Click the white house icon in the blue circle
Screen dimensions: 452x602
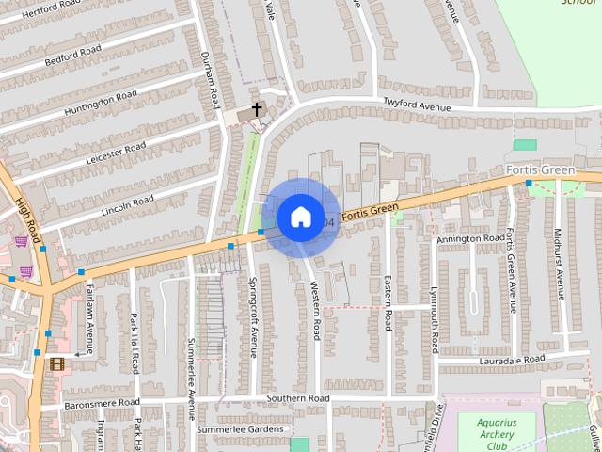(x=300, y=217)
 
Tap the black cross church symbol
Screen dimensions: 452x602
(x=256, y=111)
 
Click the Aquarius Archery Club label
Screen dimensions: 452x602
(x=495, y=434)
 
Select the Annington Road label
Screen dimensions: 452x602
(x=470, y=239)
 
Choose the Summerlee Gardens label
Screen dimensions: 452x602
(x=239, y=429)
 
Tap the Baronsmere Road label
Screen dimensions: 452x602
(x=102, y=405)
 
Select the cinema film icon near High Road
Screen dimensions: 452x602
(x=57, y=363)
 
